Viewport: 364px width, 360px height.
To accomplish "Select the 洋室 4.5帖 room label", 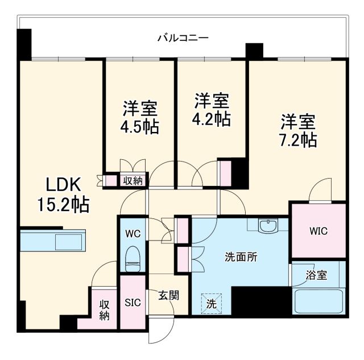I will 139,117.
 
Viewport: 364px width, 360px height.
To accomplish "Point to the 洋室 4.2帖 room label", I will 212,110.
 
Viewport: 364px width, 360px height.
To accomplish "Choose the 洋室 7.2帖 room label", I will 297,130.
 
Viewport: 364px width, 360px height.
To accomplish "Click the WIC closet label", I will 318,232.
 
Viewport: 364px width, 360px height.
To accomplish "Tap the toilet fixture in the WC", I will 133,259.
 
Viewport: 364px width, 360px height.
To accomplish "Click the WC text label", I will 133,234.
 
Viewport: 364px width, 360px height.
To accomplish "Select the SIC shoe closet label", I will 133,302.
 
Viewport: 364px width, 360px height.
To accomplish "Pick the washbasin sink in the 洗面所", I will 267,226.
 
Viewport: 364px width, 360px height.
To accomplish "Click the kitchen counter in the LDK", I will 52,241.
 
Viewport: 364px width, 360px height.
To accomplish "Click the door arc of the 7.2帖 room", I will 321,191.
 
